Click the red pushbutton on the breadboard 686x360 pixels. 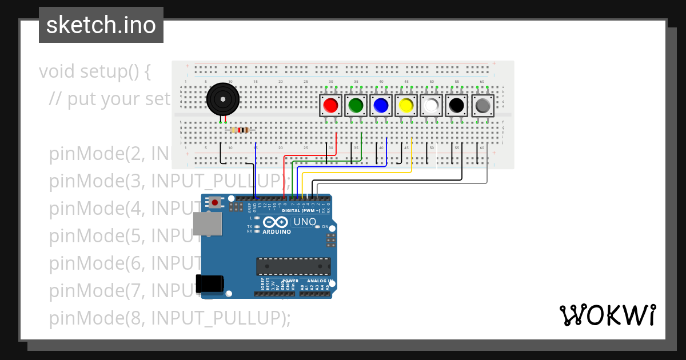point(330,106)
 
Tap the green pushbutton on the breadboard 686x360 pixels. point(356,106)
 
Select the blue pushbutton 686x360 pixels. point(381,106)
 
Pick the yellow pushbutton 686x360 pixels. point(406,106)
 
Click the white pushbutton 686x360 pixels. point(431,106)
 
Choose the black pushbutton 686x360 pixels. point(456,106)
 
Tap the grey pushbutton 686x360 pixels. point(482,106)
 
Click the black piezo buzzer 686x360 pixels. point(222,100)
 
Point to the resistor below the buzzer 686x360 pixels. point(240,130)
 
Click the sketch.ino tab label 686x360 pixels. point(101,25)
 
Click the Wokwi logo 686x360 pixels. point(607,315)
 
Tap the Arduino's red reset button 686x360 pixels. point(215,202)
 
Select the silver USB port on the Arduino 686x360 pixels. point(207,224)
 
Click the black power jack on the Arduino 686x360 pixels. point(209,284)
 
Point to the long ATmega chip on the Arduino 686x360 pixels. point(293,266)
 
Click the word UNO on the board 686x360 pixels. point(305,222)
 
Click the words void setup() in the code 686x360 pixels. point(95,71)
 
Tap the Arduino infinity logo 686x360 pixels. point(276,222)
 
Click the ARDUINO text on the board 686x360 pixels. point(277,231)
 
